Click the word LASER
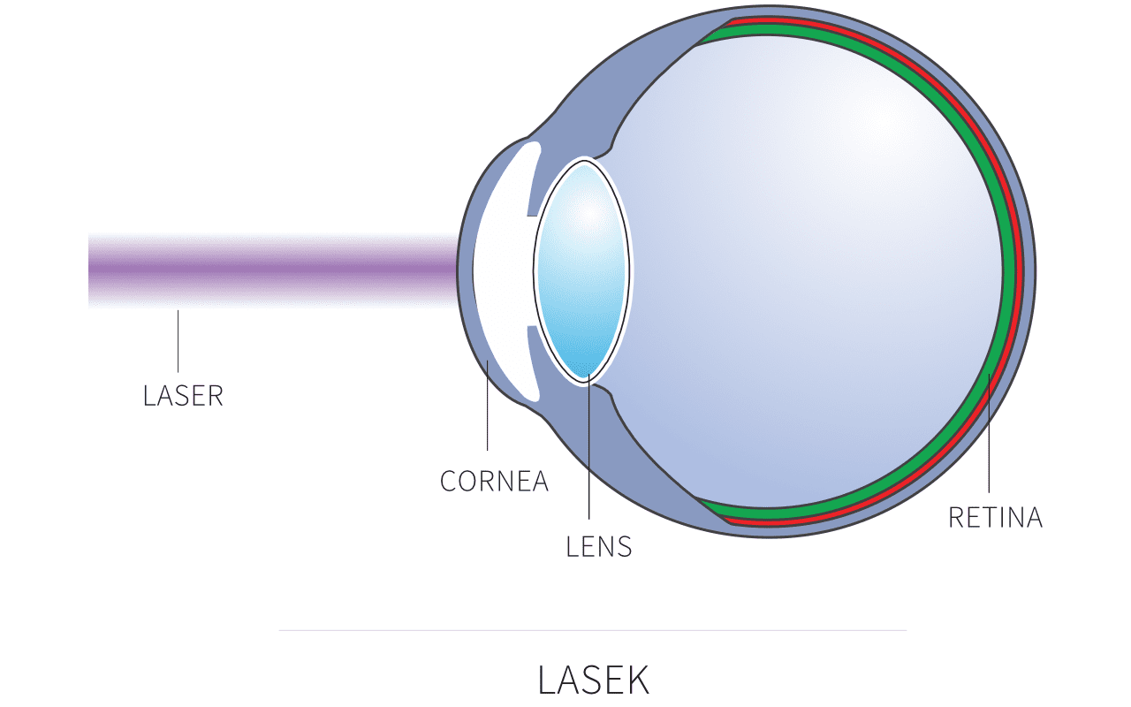[x=183, y=396]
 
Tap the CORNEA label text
[x=494, y=482]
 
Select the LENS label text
[x=599, y=547]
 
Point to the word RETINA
[x=995, y=518]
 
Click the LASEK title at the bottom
[x=593, y=680]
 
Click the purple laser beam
[x=265, y=269]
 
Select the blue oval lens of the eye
[x=583, y=270]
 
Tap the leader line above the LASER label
[x=178, y=340]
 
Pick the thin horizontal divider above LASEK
[x=592, y=630]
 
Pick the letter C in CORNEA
[x=448, y=482]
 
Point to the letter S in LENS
[x=625, y=547]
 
